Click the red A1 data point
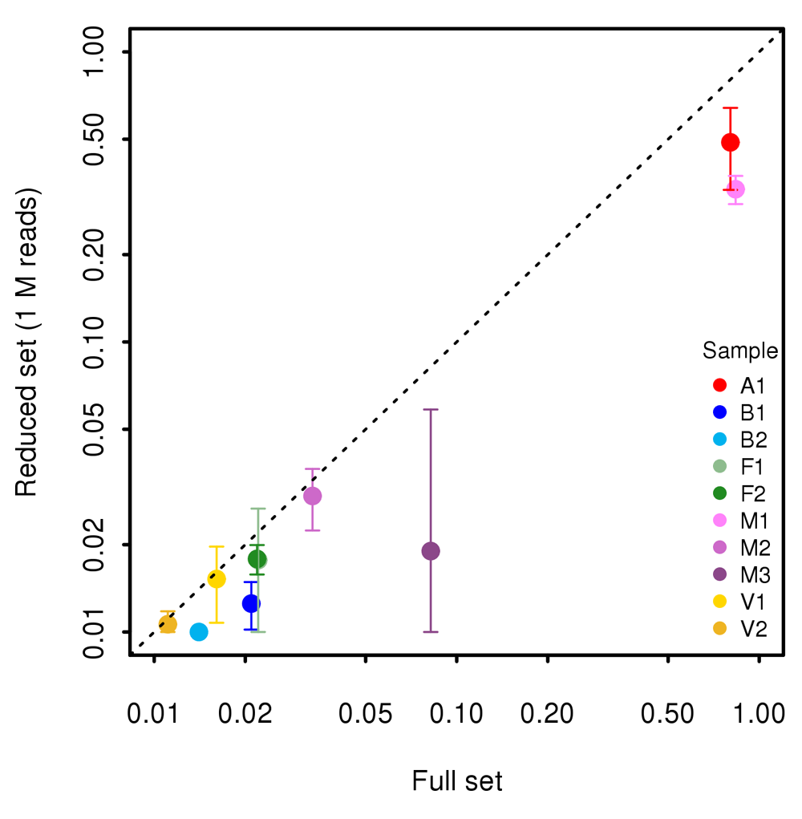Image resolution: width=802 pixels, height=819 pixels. click(x=730, y=142)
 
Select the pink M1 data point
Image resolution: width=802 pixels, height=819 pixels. click(x=735, y=189)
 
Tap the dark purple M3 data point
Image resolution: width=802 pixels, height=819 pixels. click(x=431, y=551)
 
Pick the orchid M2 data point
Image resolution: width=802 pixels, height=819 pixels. click(x=312, y=496)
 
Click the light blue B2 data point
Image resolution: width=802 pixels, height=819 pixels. click(x=199, y=632)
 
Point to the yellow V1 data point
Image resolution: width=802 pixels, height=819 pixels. click(x=217, y=579)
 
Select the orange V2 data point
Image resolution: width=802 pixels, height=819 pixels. click(x=168, y=624)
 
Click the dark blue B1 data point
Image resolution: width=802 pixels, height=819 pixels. click(x=251, y=603)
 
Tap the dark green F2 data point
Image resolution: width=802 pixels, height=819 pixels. click(x=257, y=559)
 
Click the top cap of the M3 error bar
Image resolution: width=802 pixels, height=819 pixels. click(x=431, y=410)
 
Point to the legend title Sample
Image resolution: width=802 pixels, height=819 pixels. click(x=739, y=351)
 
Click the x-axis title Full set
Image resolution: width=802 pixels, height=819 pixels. click(x=457, y=781)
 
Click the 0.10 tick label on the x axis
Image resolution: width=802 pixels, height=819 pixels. click(x=456, y=713)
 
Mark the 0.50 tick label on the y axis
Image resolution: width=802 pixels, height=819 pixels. click(x=99, y=140)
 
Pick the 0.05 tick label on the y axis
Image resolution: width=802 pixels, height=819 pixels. click(x=99, y=429)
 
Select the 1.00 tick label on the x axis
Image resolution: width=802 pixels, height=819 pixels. click(x=758, y=713)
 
